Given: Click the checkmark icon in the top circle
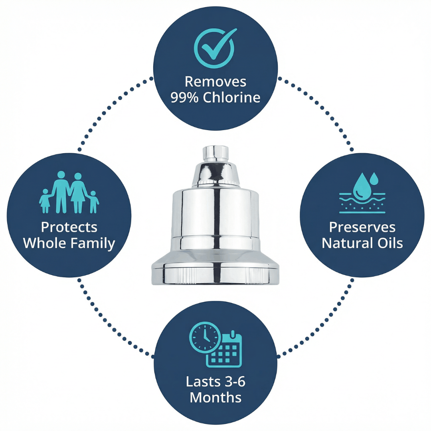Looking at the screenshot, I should click(x=214, y=48).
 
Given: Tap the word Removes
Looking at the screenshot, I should click(x=215, y=82).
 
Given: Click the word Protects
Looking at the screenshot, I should click(x=69, y=227).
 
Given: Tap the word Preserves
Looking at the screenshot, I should click(x=362, y=227).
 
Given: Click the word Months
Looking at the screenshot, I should click(x=215, y=398).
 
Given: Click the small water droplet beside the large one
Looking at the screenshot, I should click(x=374, y=178).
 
